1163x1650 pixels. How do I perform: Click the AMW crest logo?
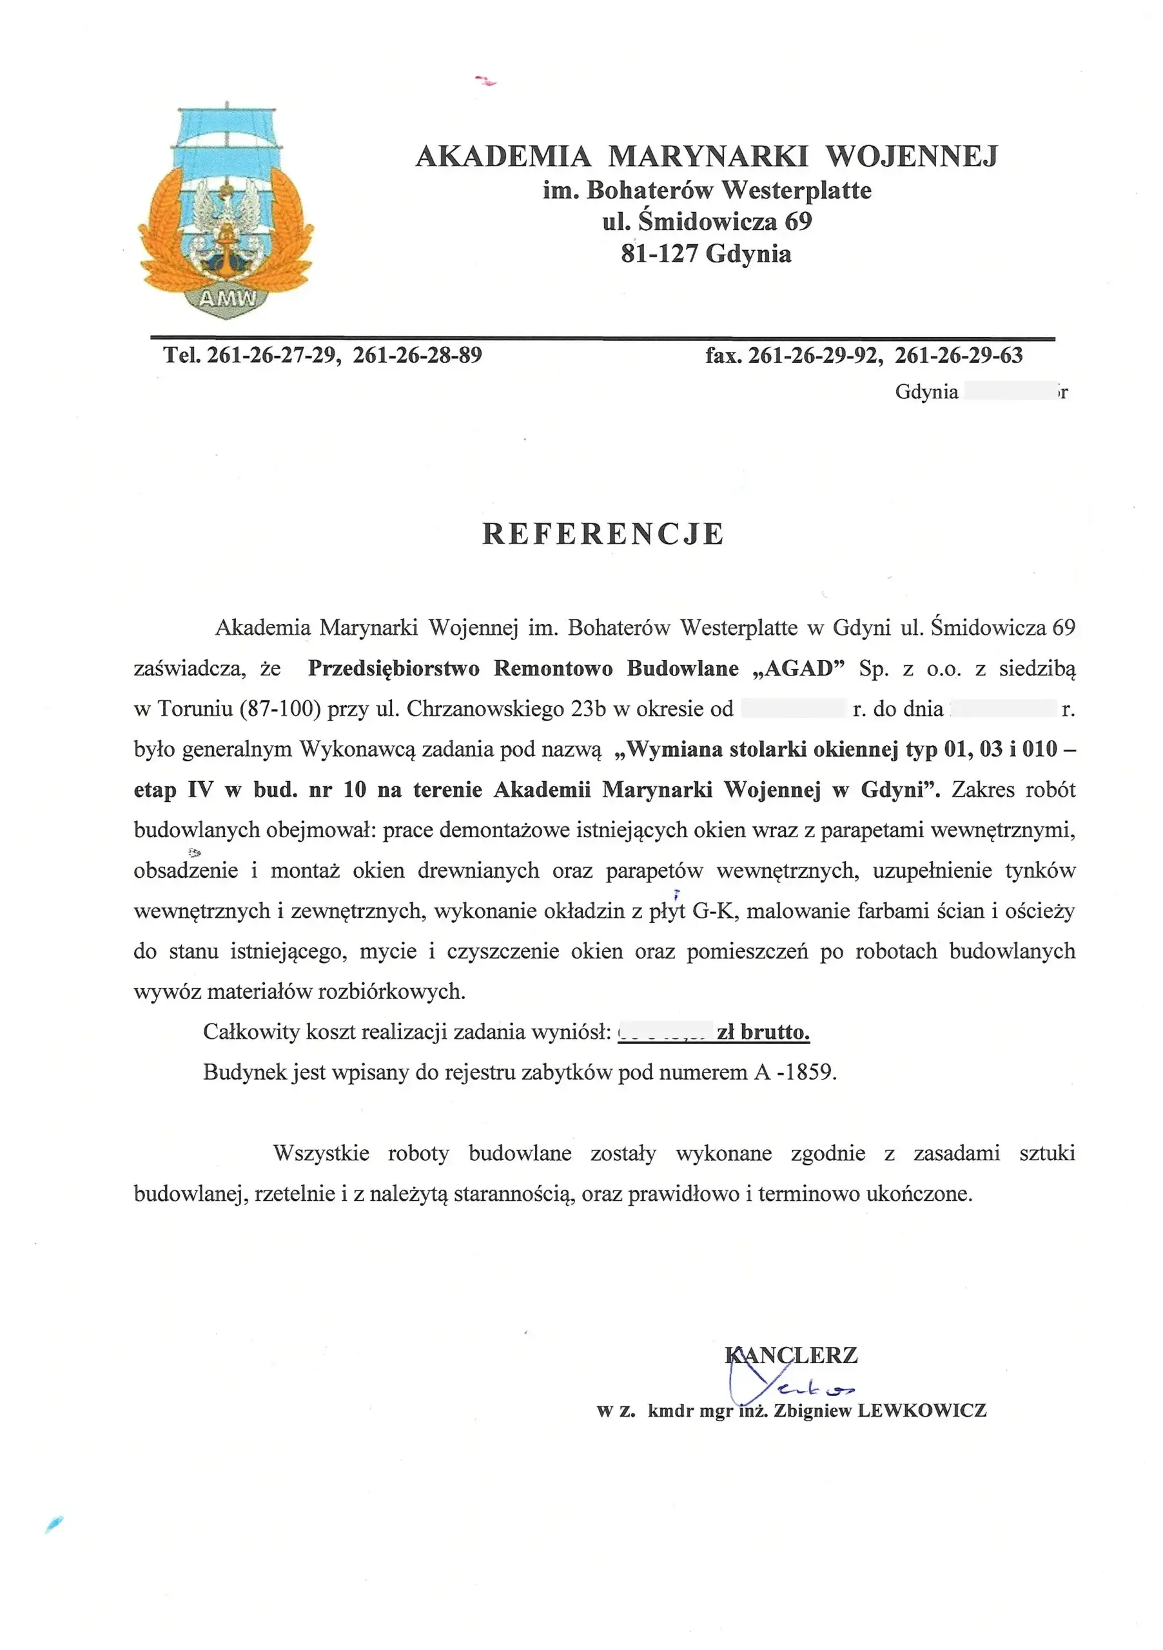coord(226,212)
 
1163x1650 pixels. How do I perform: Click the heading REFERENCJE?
coord(602,534)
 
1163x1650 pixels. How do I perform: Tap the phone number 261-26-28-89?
coord(418,355)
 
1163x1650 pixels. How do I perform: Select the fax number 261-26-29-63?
coord(958,355)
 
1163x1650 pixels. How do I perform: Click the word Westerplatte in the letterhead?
coord(796,190)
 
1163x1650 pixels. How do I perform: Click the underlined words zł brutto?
coord(763,1032)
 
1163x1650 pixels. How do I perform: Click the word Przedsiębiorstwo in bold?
coord(393,668)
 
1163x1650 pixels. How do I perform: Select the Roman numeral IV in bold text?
coord(200,790)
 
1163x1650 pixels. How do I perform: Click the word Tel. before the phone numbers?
coord(182,355)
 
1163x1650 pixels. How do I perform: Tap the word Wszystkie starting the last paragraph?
coord(320,1154)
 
